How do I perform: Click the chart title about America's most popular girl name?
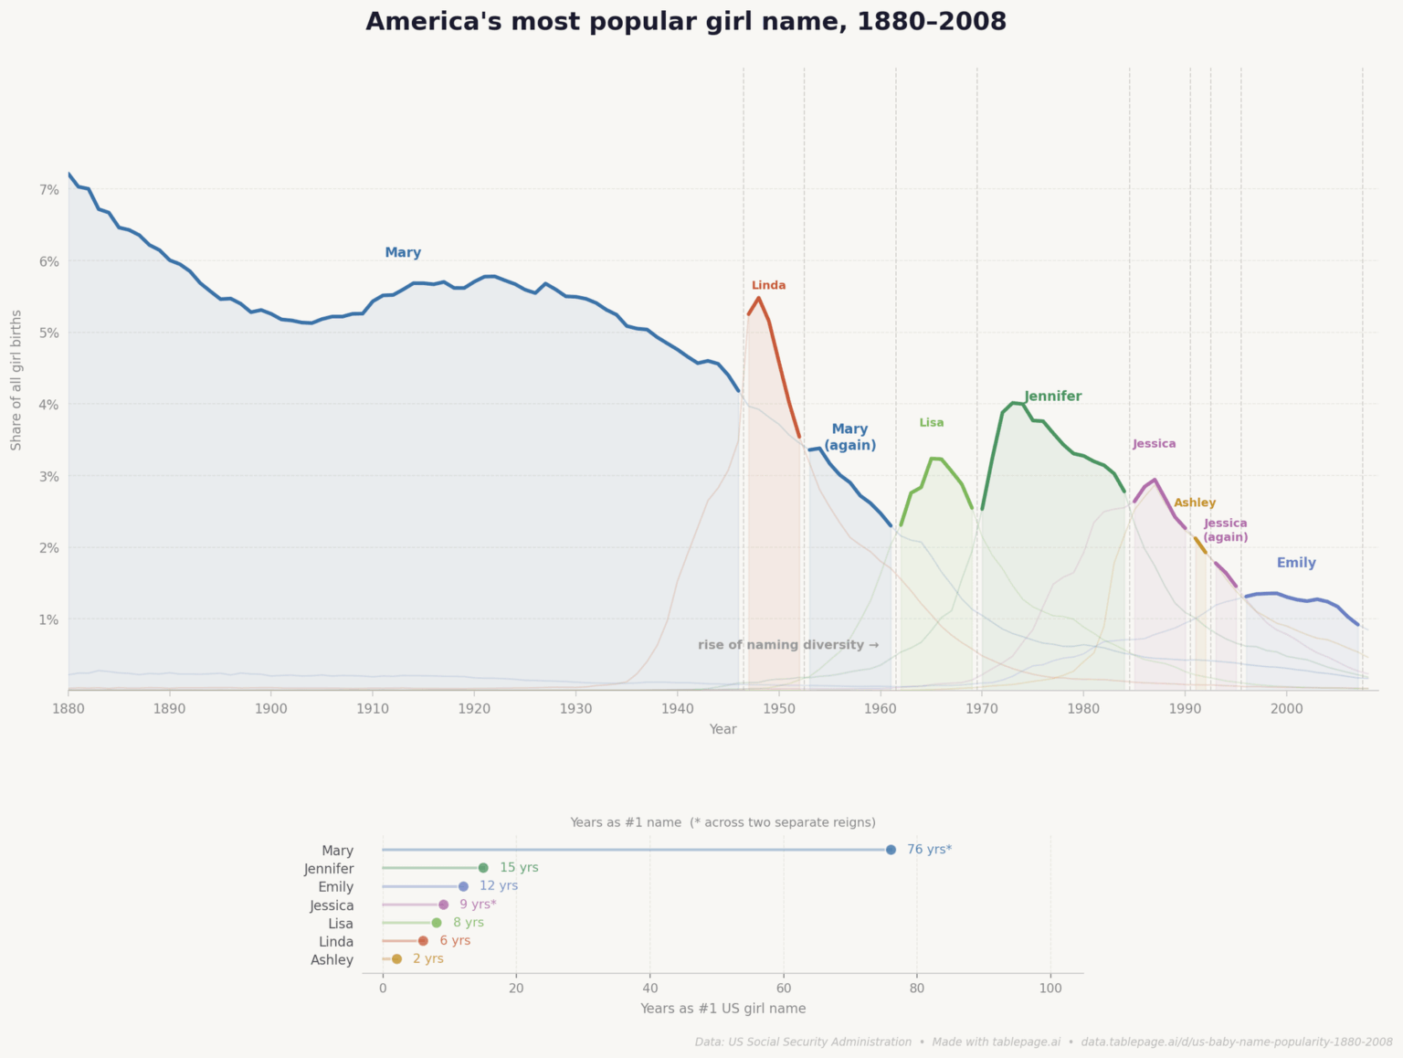686,22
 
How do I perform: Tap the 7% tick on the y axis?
48,190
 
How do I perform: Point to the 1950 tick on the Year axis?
778,708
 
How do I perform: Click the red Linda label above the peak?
768,285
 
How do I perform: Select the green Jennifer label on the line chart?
1053,397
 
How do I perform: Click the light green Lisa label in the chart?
931,423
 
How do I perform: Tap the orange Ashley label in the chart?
1194,503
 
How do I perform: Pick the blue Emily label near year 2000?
1295,563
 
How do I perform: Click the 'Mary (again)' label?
849,437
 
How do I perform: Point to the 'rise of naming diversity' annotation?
787,645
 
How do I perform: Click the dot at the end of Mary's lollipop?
891,850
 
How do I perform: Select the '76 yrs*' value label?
929,850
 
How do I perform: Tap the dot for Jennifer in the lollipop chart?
483,868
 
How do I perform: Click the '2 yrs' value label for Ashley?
427,959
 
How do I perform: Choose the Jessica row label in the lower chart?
332,905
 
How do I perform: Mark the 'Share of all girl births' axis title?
16,379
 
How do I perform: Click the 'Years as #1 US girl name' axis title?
723,1009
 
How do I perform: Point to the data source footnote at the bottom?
1043,1042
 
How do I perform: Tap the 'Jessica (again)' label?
1225,530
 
